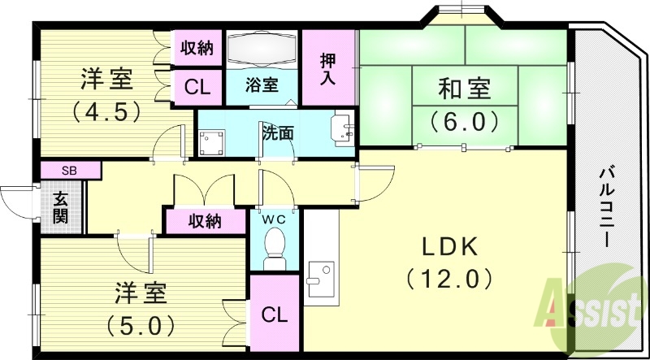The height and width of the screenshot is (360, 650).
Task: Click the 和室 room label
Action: pos(465,87)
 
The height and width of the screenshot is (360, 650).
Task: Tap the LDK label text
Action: pos(449,246)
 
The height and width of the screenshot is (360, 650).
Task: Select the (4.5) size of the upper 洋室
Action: pos(106,110)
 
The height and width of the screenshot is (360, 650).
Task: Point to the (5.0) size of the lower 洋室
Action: pos(141,324)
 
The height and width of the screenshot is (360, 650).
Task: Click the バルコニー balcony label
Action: pos(606,207)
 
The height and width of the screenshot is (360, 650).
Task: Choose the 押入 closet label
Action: pos(328,68)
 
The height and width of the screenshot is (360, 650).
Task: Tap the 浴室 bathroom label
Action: pos(262,85)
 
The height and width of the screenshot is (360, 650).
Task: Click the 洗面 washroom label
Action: pos(277,132)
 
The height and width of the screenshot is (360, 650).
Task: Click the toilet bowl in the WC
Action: pos(275,245)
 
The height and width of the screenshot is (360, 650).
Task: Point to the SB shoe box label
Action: pos(71,171)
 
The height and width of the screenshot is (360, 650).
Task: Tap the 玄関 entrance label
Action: pos(61,206)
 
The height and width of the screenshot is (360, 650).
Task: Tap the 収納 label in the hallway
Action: pos(206,220)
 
